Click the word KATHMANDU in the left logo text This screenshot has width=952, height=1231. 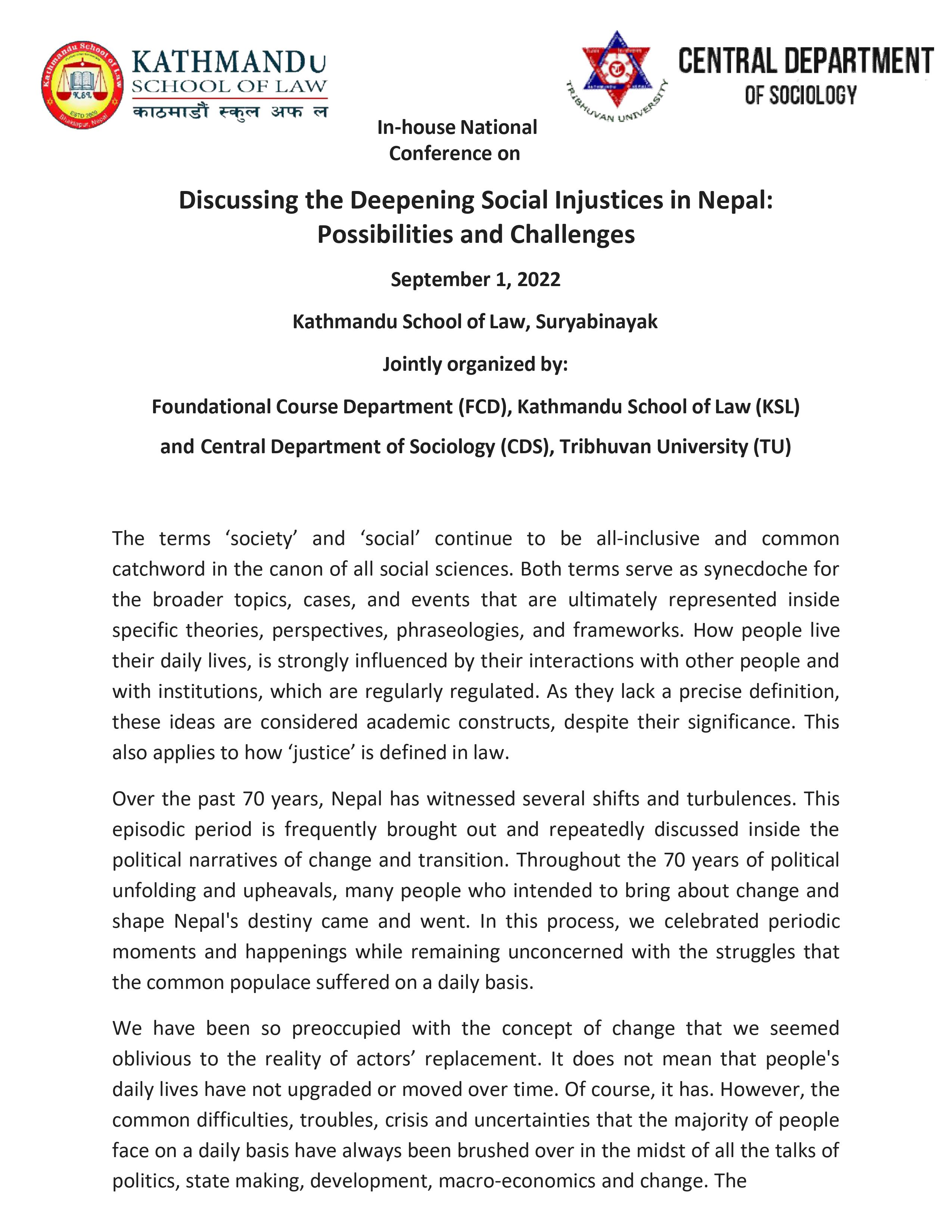click(x=229, y=64)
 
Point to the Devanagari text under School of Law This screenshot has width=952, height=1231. click(x=229, y=112)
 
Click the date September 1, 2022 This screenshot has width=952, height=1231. click(x=475, y=279)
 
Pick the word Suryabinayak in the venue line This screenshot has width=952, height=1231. click(x=597, y=322)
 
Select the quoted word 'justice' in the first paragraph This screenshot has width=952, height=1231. click(x=321, y=752)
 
